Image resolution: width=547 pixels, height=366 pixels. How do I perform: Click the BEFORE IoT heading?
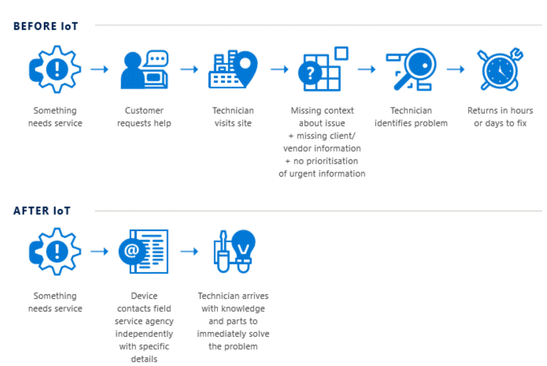click(46, 26)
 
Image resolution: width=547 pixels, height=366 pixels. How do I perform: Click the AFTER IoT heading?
click(42, 211)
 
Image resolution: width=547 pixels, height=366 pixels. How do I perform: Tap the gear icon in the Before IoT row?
click(55, 69)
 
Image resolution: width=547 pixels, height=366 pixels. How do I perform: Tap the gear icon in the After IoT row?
click(55, 251)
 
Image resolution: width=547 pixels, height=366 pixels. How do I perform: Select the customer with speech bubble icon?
click(144, 69)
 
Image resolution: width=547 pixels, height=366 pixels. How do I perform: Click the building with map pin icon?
click(233, 69)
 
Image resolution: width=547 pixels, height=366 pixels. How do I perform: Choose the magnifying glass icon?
click(411, 69)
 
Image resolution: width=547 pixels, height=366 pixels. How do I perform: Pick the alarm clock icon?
click(500, 69)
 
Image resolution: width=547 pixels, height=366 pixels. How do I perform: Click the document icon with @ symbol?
click(143, 251)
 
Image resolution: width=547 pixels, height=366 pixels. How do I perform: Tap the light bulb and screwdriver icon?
click(235, 251)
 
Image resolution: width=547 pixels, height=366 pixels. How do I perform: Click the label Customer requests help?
click(144, 117)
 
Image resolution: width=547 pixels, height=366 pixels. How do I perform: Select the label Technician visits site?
click(233, 117)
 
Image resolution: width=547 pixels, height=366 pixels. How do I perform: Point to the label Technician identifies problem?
click(411, 117)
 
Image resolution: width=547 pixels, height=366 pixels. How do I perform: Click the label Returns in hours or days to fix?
click(500, 117)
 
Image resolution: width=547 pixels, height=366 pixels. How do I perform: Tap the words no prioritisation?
click(326, 161)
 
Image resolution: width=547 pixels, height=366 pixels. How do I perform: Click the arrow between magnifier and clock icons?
click(456, 69)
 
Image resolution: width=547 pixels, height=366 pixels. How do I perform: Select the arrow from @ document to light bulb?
click(190, 251)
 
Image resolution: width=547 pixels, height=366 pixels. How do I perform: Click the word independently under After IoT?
click(144, 334)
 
